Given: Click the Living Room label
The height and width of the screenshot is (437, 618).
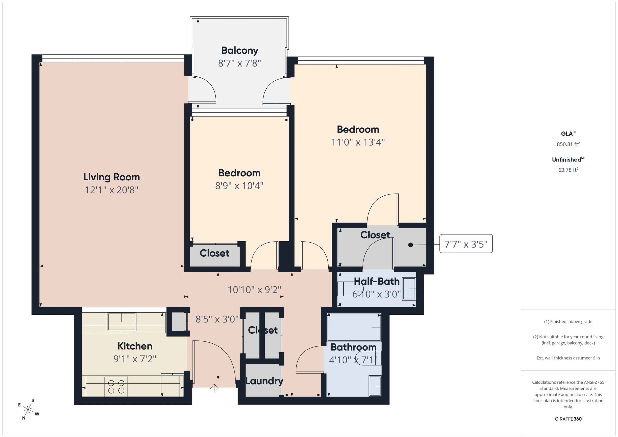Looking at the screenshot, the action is [x=111, y=177].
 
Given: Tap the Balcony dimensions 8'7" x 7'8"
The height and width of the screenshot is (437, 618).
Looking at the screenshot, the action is [x=240, y=63].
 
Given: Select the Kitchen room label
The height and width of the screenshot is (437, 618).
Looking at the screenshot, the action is [x=135, y=346].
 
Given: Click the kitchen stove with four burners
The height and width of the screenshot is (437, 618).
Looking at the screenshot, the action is [x=116, y=386].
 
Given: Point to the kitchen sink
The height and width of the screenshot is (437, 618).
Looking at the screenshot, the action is [x=122, y=322].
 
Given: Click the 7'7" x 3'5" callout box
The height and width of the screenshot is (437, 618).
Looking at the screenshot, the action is [x=466, y=244].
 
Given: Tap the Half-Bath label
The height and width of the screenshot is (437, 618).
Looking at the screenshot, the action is [x=377, y=282].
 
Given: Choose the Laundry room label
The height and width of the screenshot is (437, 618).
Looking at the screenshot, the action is [x=264, y=381].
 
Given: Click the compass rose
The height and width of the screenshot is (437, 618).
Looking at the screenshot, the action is [x=28, y=409].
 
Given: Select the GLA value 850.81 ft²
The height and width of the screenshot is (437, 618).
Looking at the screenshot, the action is [x=568, y=144].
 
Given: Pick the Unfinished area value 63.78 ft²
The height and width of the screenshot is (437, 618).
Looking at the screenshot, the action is [x=568, y=170].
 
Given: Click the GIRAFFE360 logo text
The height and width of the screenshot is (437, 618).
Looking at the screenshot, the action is [x=568, y=419].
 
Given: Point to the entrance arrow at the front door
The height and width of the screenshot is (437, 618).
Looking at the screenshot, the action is [x=214, y=388].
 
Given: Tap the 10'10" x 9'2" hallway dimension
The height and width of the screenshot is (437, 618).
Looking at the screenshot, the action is [x=254, y=290].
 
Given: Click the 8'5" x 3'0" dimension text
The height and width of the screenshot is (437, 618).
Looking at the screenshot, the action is [x=217, y=319].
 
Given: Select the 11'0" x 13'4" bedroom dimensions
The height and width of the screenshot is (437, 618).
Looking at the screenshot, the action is [x=358, y=142].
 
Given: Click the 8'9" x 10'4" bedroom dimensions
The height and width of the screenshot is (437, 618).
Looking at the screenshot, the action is [x=239, y=186].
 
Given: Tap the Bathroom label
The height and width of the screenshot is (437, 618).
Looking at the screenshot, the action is [x=353, y=347].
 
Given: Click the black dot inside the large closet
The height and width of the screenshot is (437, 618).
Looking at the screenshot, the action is [x=411, y=245].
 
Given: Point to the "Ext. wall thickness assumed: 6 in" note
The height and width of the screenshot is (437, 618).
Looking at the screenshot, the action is [x=568, y=358].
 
